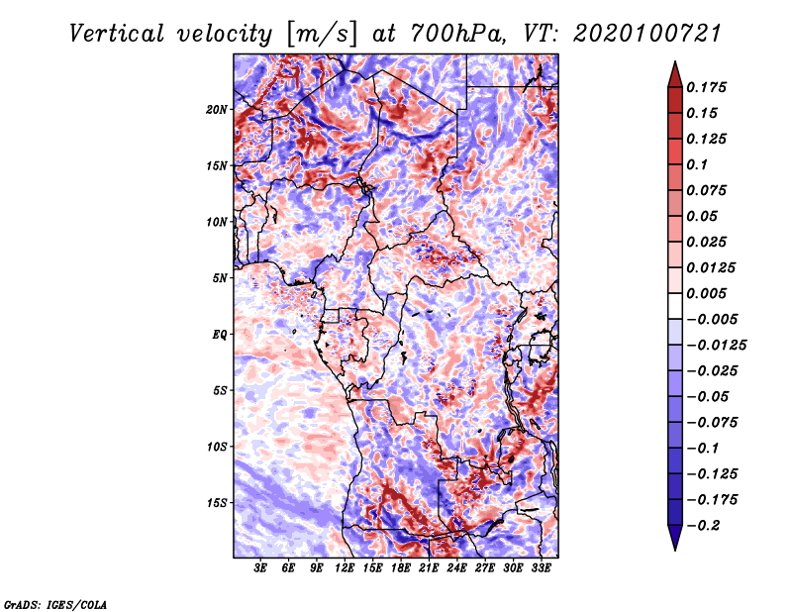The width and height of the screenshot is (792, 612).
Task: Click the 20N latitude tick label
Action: tap(217, 109)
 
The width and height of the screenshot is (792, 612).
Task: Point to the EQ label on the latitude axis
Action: tap(220, 335)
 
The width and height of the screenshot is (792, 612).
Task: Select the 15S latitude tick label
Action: tap(217, 503)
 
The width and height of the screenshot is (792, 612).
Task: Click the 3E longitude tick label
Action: tap(261, 569)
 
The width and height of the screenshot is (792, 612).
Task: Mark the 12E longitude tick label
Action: tap(346, 569)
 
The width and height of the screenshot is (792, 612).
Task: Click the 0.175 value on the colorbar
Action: tap(709, 87)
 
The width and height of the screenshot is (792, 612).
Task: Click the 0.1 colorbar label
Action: tap(702, 164)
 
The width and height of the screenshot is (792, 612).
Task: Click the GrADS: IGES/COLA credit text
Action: tap(54, 603)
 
